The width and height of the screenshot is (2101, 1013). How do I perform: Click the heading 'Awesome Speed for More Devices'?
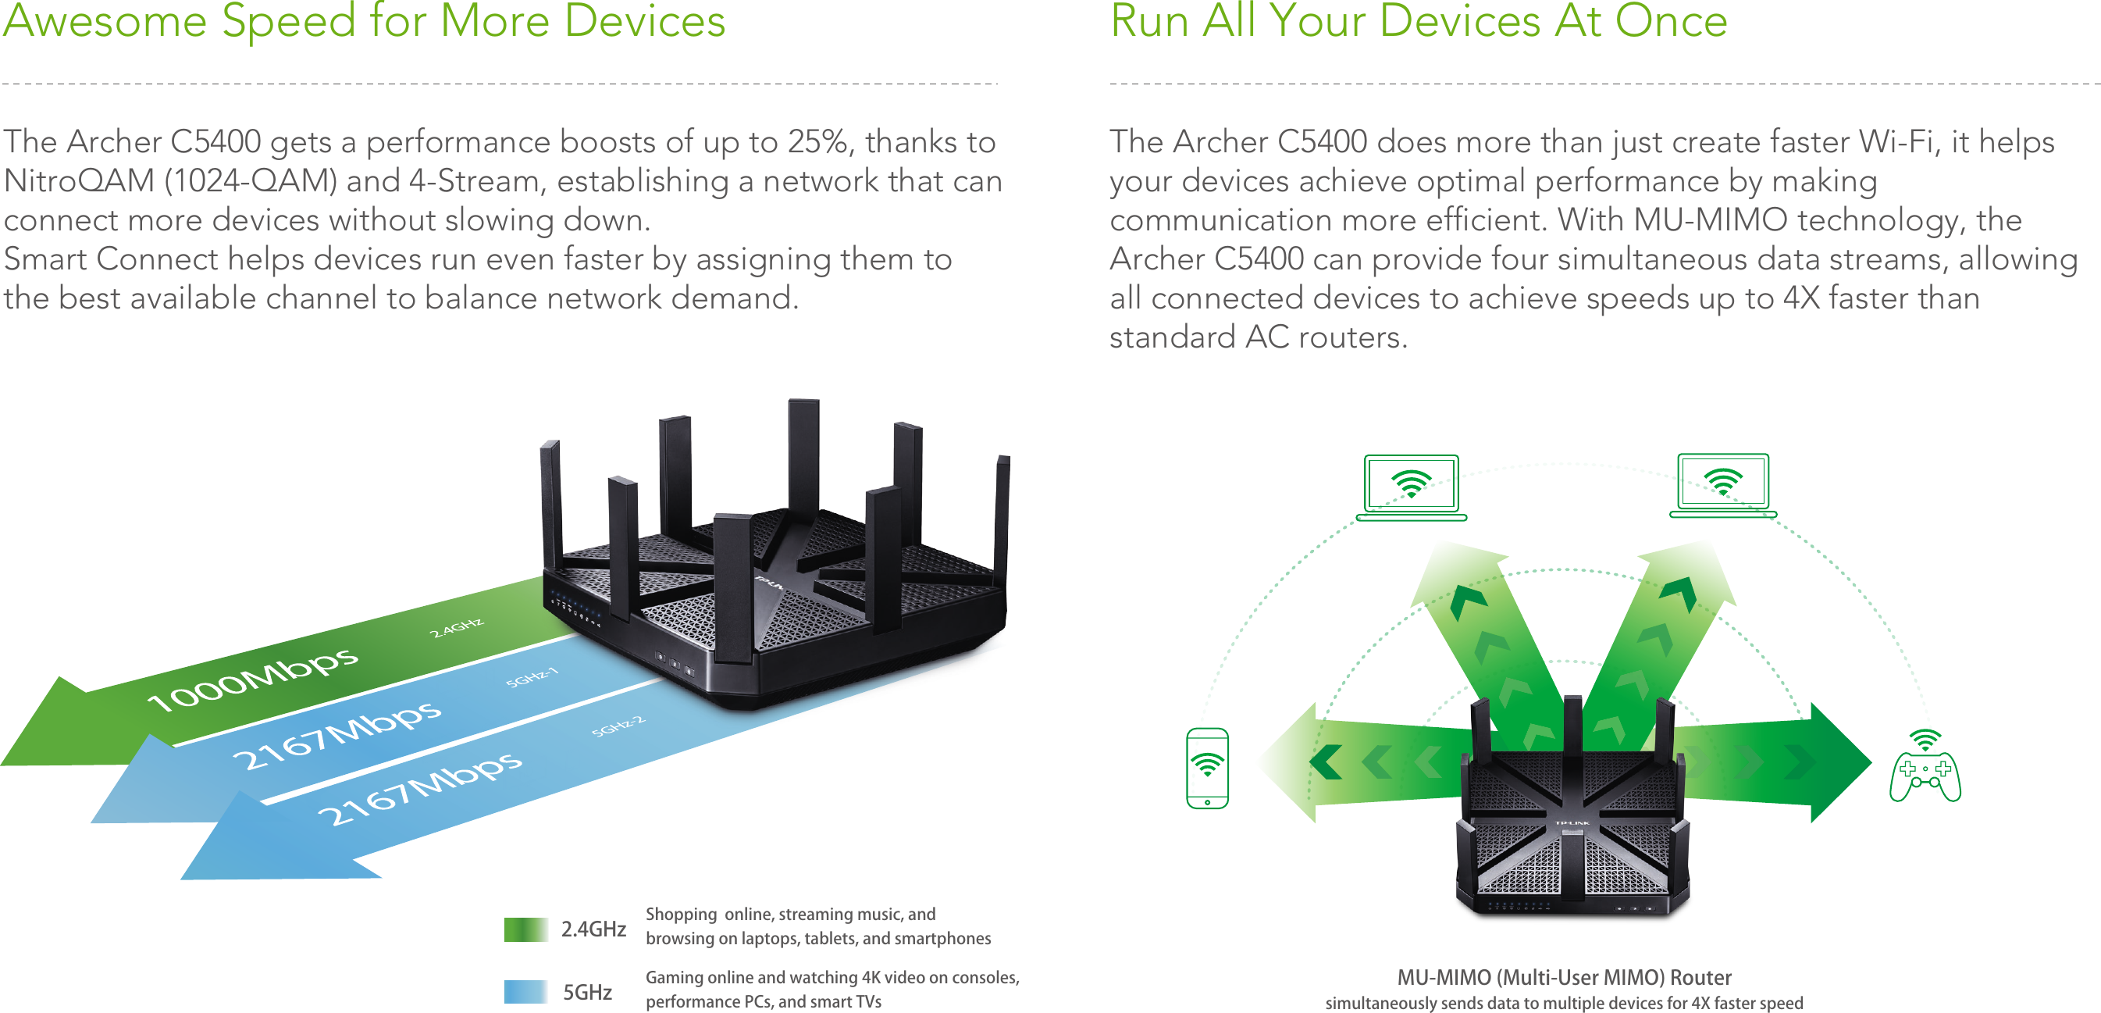[x=364, y=21]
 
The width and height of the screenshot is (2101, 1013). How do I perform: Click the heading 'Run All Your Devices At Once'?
[x=1419, y=21]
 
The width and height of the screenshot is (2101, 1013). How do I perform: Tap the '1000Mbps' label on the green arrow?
[x=253, y=679]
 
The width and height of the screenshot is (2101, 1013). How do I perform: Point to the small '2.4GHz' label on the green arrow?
[x=457, y=627]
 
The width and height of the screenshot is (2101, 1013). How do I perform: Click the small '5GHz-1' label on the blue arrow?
[x=532, y=676]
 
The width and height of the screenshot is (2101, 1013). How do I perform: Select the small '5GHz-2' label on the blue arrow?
[x=618, y=725]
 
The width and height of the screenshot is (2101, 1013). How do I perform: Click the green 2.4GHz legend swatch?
[x=525, y=929]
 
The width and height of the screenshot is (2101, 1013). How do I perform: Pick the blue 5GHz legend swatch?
[x=525, y=992]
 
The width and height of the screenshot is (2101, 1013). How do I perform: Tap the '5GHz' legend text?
[x=587, y=992]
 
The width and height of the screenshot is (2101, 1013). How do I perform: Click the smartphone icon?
[x=1207, y=768]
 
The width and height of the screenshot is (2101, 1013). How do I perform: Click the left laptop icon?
[x=1411, y=487]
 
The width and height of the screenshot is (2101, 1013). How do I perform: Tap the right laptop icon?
[x=1722, y=485]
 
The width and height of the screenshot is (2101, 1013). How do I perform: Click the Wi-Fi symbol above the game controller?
[x=1925, y=740]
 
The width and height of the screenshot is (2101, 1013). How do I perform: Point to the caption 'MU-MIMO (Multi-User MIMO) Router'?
[x=1564, y=976]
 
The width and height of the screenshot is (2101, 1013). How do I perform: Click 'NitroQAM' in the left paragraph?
[x=79, y=181]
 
